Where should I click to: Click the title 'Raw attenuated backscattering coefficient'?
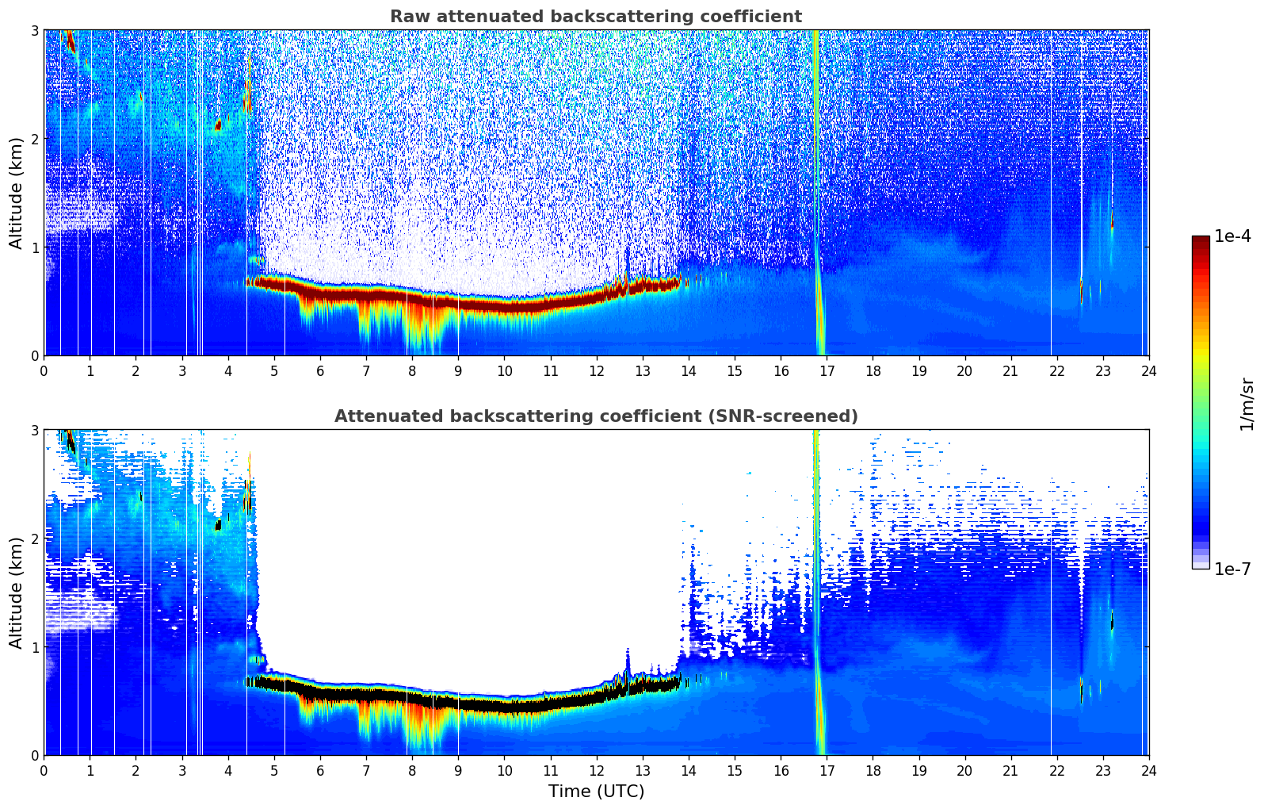coord(595,17)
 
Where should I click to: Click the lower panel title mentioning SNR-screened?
coord(595,416)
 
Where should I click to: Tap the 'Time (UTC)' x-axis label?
coord(596,792)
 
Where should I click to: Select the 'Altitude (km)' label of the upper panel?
coord(16,193)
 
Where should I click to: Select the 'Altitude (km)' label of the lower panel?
coord(16,592)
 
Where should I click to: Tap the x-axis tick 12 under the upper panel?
coord(596,370)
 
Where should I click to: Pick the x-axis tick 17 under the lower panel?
coord(827,770)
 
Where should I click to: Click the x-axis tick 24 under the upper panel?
coord(1148,370)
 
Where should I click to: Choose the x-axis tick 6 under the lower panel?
coord(320,770)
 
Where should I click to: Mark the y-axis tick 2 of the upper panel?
coord(35,139)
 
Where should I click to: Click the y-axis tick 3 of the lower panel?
coord(35,431)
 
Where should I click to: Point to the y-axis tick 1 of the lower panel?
coord(35,647)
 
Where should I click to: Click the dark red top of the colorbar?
coord(1201,240)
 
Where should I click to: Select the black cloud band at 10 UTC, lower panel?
coord(504,705)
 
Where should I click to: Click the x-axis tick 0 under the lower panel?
coord(44,770)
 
